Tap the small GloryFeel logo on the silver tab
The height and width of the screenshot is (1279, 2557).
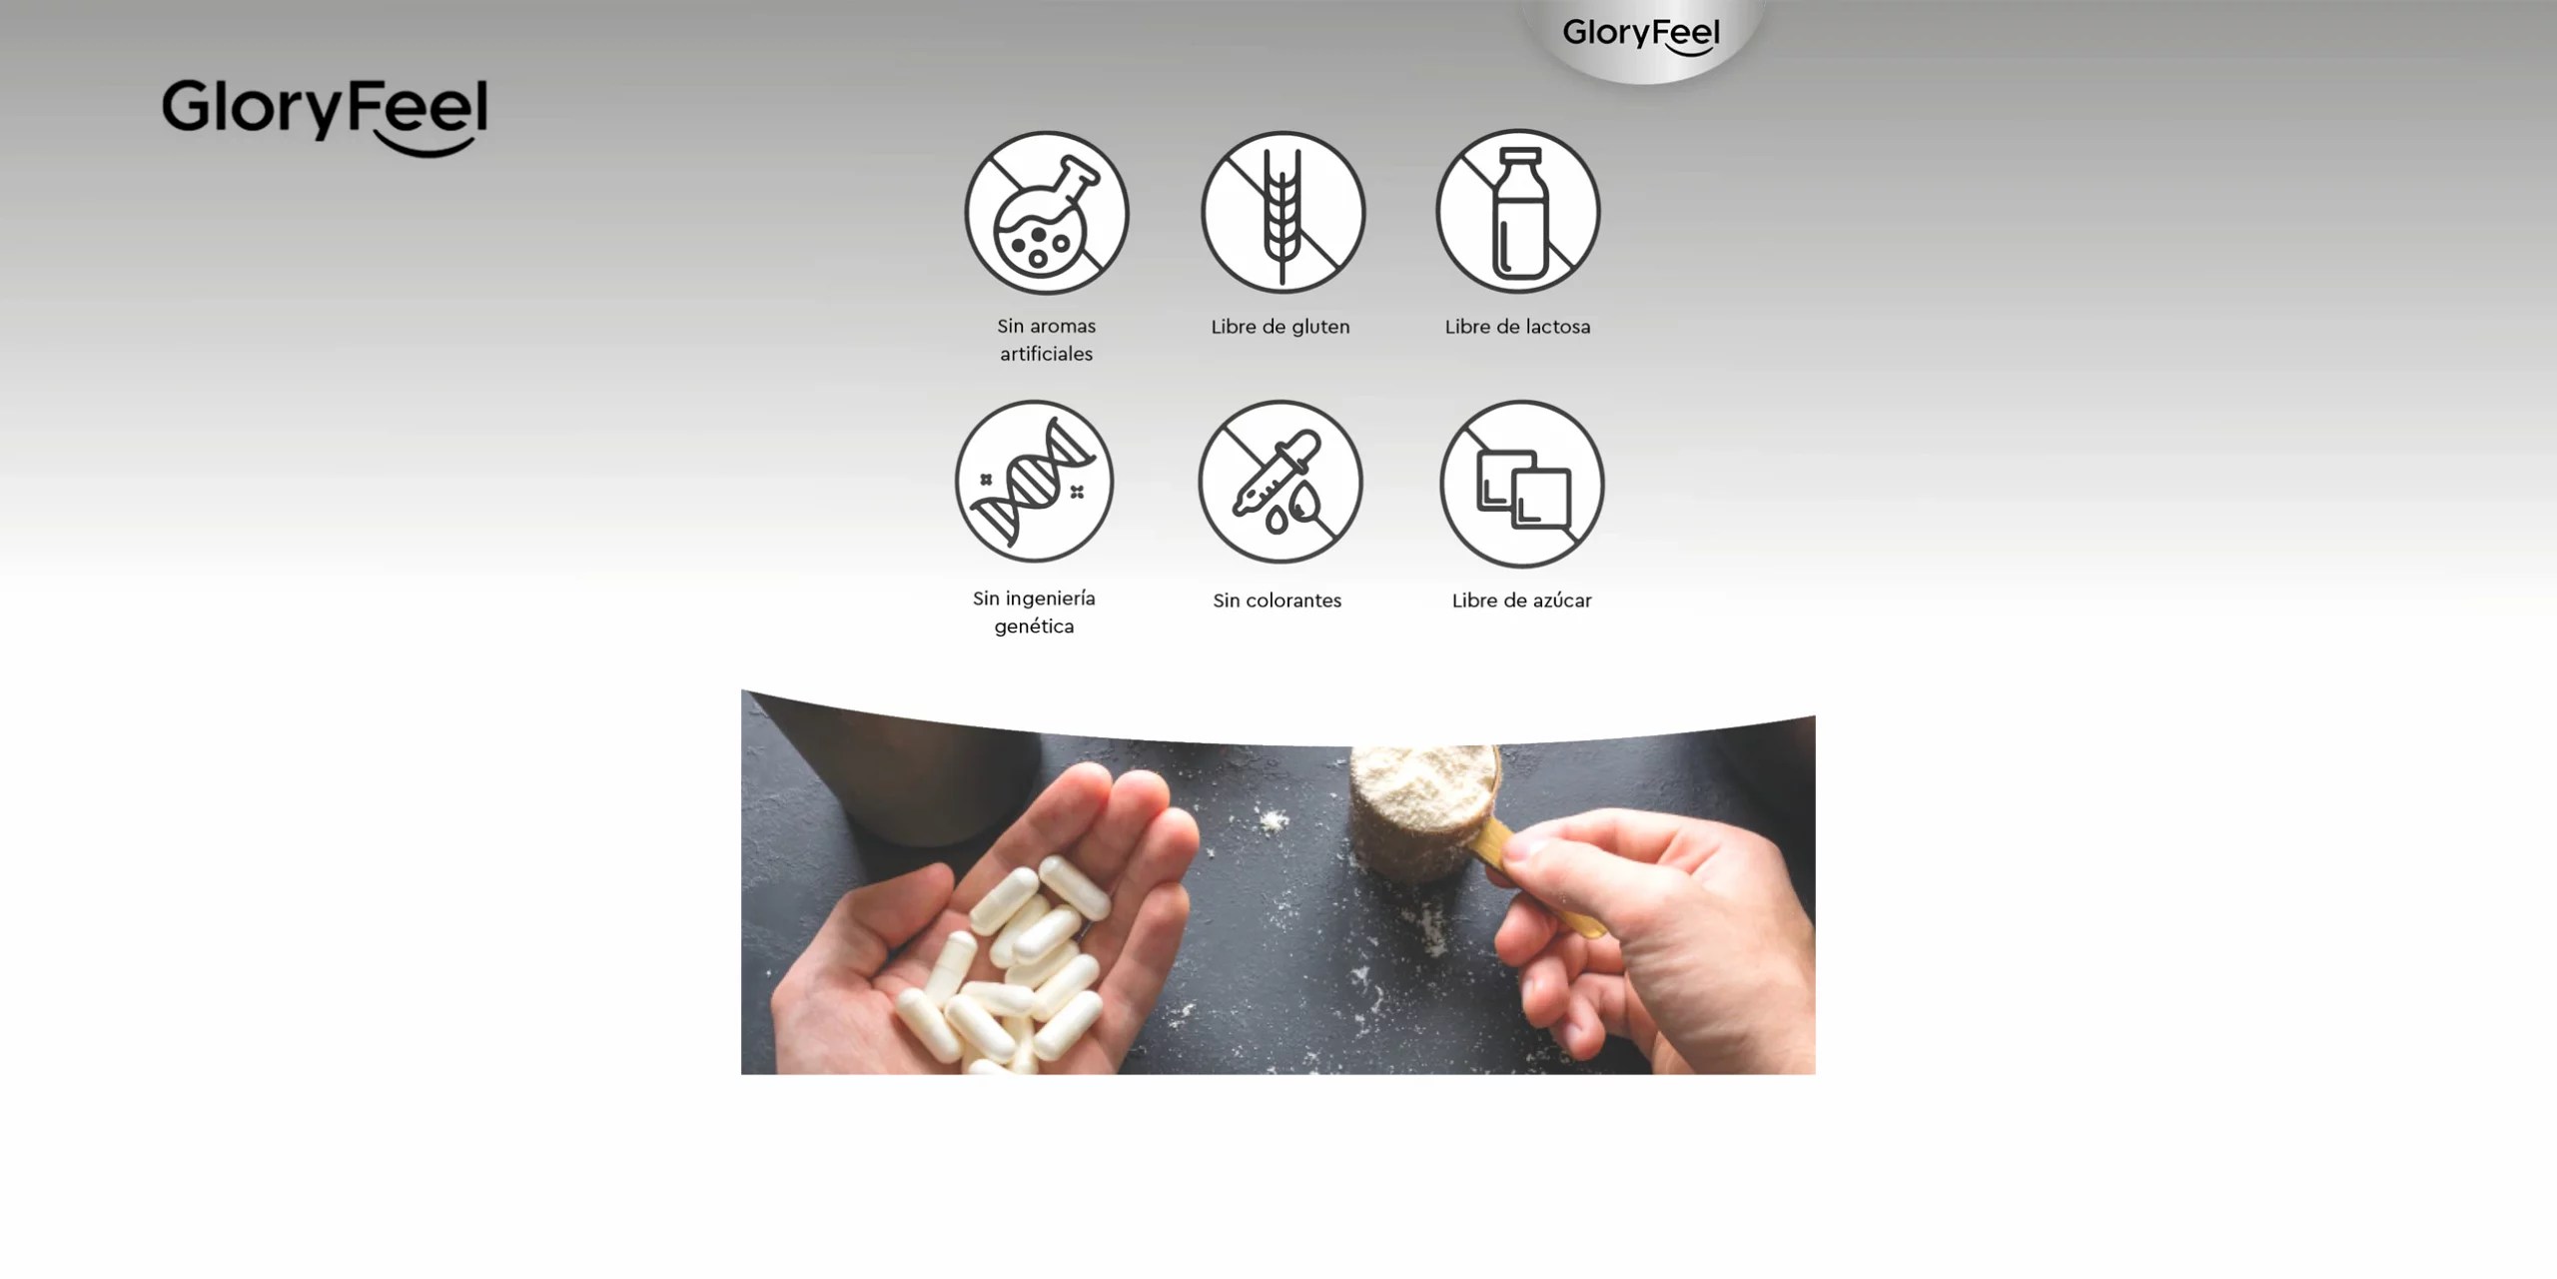(x=1641, y=35)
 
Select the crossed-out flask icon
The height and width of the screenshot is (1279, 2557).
(x=1046, y=213)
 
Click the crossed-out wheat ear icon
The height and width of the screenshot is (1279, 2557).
(x=1282, y=212)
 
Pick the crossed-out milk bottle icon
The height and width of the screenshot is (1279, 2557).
(x=1518, y=211)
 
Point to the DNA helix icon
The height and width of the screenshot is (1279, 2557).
(x=1034, y=482)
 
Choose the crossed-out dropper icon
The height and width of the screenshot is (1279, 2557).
(x=1279, y=483)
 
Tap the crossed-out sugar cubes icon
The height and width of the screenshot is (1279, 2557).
(x=1522, y=484)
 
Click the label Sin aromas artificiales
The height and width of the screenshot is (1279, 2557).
(x=1046, y=340)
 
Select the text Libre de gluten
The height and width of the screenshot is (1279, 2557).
(x=1280, y=327)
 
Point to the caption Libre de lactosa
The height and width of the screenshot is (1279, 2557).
(x=1517, y=327)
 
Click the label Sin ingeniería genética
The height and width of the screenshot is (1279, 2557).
(x=1034, y=613)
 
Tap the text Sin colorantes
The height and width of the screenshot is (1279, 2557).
(x=1277, y=601)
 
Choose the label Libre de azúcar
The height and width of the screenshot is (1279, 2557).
(x=1521, y=601)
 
